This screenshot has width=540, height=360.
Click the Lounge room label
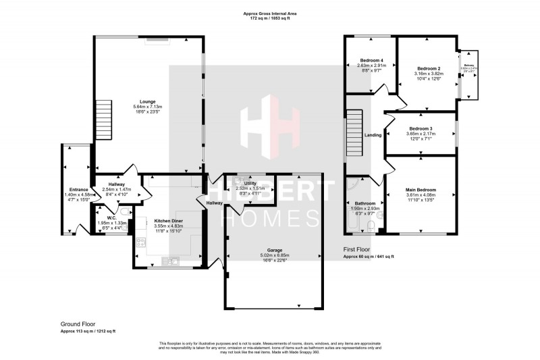click(x=148, y=102)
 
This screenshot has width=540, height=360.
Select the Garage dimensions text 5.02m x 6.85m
click(x=274, y=255)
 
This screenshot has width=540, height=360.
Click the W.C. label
click(x=112, y=217)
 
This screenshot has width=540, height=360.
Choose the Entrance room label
click(x=79, y=189)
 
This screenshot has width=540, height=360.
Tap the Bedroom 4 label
click(x=371, y=60)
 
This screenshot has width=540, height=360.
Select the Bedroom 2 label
click(x=429, y=69)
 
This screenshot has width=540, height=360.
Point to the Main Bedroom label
click(x=421, y=190)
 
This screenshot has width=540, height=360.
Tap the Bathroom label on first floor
click(x=364, y=203)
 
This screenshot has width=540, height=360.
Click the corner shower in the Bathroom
click(x=354, y=185)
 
